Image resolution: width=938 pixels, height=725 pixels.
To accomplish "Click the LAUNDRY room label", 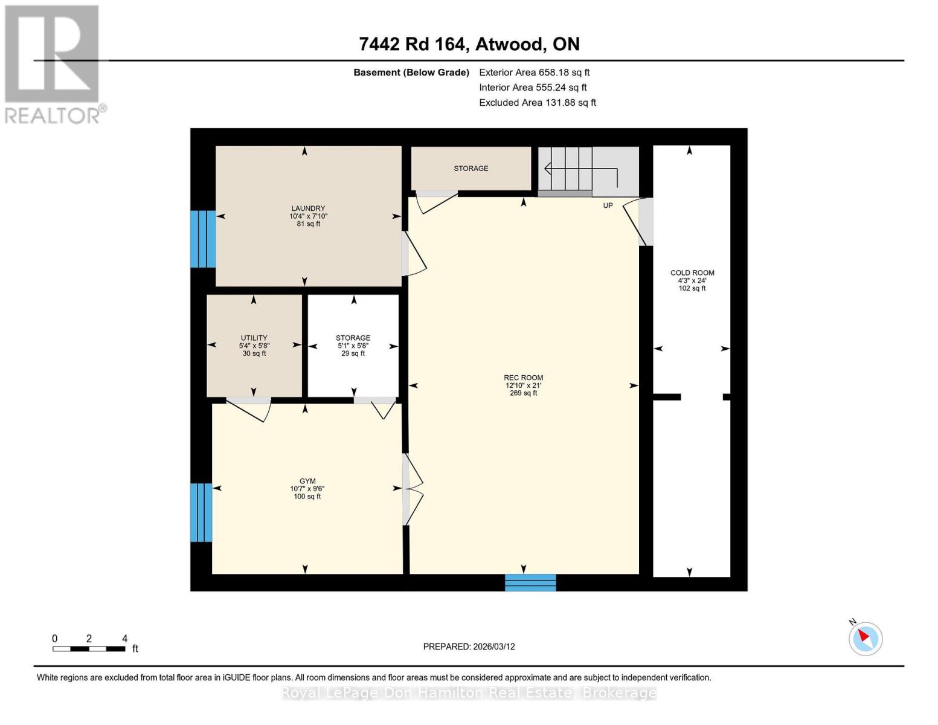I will click(308, 208).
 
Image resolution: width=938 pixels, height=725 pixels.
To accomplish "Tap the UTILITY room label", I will click(254, 338).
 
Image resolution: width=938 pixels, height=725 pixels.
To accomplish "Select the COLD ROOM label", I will click(692, 272).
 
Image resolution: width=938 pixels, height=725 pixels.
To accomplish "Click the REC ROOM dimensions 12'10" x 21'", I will click(524, 385).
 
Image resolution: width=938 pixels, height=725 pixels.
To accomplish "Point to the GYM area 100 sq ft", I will click(307, 497).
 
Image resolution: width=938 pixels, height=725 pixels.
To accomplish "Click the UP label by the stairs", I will click(608, 205).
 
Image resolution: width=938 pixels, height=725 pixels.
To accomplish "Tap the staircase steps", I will click(568, 169).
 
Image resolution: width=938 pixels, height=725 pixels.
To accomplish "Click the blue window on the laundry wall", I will click(202, 239).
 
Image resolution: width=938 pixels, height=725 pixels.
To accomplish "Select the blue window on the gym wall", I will click(201, 512).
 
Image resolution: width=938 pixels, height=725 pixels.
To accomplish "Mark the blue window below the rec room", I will click(530, 582).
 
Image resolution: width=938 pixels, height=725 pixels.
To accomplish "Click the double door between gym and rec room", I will click(413, 489).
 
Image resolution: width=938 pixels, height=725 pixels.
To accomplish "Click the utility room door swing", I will click(249, 409).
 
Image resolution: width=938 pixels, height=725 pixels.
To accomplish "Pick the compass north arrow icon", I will click(866, 638).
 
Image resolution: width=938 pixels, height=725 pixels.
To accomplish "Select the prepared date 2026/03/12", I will click(469, 646).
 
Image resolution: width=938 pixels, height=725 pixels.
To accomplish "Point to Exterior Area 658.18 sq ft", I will click(534, 72).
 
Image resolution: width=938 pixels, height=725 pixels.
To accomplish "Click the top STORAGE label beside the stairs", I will click(471, 169).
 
